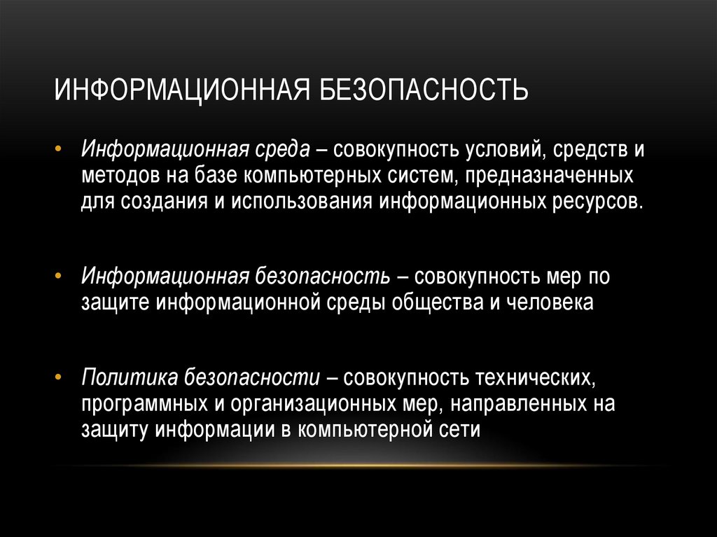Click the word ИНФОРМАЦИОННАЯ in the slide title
pos(183,90)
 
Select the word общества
pos(430,302)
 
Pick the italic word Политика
pos(130,379)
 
